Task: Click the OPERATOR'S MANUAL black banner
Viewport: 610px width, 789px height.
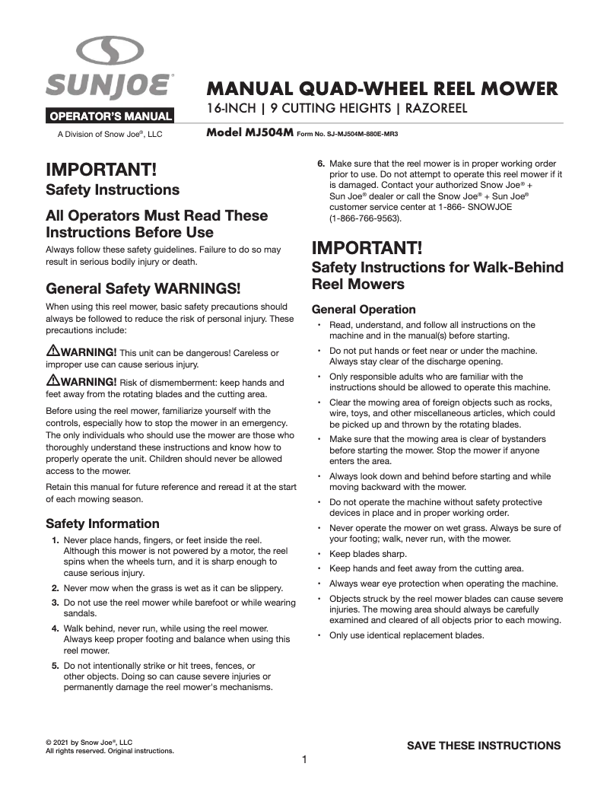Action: (x=111, y=117)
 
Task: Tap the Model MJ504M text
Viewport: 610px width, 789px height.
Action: (x=249, y=132)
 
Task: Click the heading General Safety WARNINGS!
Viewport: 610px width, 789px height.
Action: (x=144, y=289)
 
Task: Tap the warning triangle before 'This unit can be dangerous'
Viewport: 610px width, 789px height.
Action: (x=53, y=351)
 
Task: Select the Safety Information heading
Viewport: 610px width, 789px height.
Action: (x=103, y=523)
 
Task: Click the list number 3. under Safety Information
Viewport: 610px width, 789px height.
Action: (x=56, y=603)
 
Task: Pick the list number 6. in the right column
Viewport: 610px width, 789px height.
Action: (x=321, y=164)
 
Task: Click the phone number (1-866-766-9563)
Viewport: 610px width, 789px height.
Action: (x=366, y=218)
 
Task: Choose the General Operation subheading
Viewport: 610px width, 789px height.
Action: (x=364, y=310)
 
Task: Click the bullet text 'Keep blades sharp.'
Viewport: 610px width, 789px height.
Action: (x=367, y=553)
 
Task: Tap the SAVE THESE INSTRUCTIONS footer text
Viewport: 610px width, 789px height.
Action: (x=484, y=746)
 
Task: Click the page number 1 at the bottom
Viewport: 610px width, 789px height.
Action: (x=304, y=759)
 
